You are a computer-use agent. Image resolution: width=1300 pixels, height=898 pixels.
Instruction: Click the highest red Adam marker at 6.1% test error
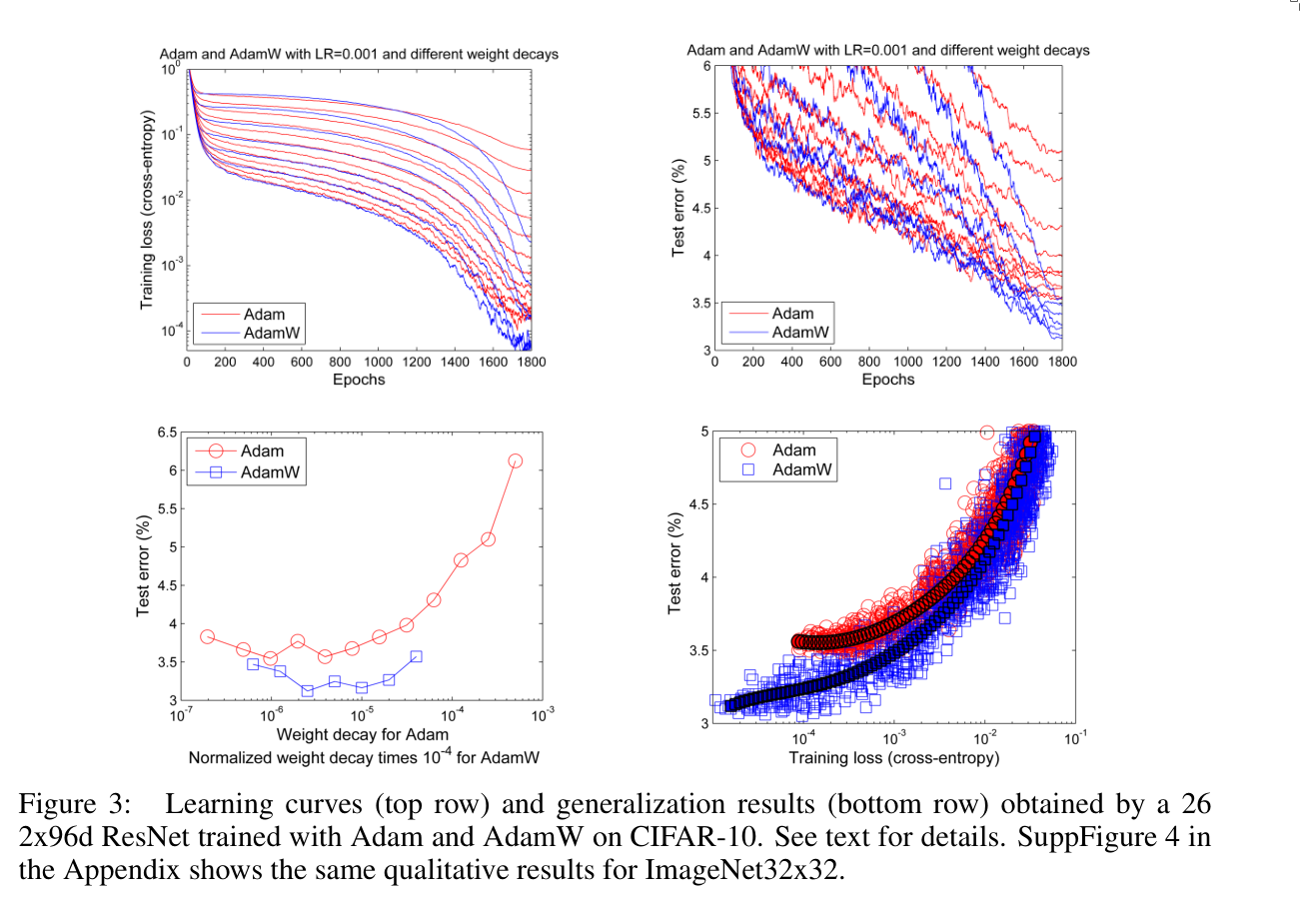[x=516, y=460]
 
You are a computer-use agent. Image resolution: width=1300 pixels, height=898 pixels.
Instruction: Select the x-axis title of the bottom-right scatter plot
[x=894, y=759]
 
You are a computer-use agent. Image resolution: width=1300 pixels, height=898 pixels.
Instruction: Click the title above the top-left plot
[x=358, y=54]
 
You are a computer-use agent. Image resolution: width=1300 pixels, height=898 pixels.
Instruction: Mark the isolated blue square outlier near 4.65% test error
[x=944, y=483]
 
